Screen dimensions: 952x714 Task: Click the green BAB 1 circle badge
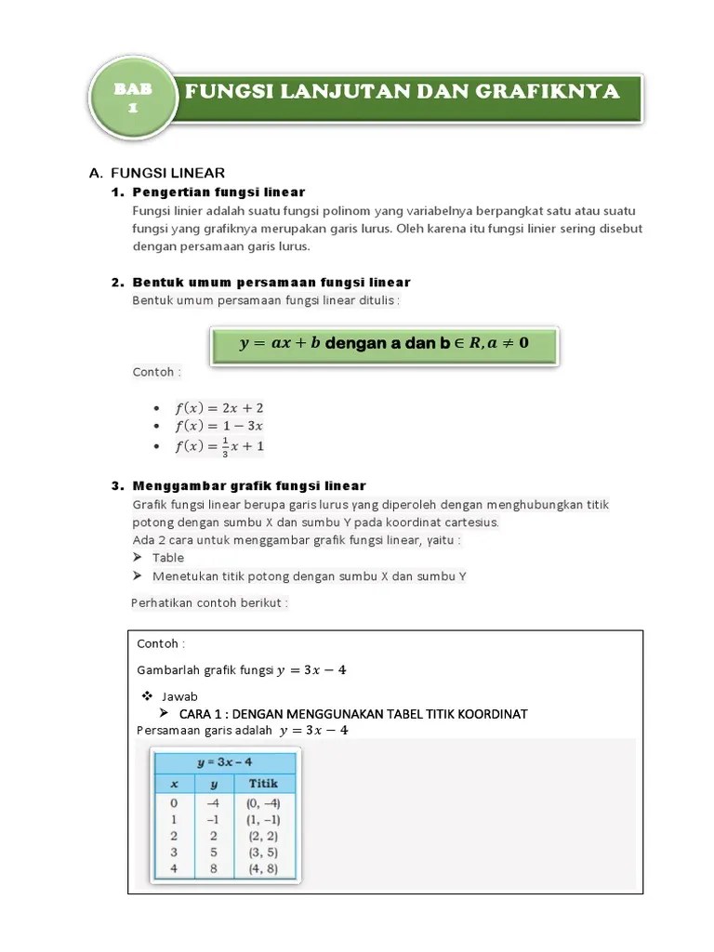[132, 98]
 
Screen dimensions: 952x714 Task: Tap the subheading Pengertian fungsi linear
[218, 192]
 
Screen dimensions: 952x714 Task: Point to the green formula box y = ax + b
[383, 343]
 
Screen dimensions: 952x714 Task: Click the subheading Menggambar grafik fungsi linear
[249, 486]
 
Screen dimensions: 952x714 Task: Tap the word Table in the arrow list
[168, 558]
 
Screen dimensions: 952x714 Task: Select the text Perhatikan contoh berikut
[210, 602]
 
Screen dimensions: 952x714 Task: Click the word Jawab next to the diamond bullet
[179, 696]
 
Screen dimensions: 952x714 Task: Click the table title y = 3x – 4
[224, 762]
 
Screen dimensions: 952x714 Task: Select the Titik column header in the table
[263, 784]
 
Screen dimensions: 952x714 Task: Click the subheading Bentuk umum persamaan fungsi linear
[271, 282]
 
